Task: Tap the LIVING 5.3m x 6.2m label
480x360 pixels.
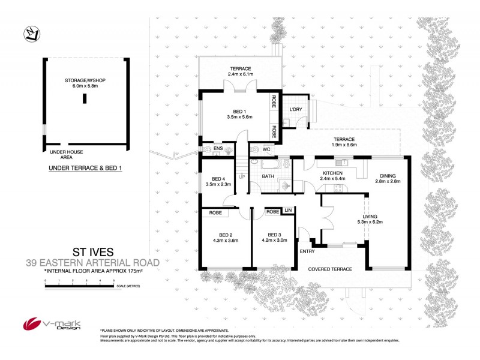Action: point(370,220)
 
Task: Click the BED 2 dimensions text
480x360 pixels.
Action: point(226,239)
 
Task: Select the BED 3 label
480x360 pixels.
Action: point(274,234)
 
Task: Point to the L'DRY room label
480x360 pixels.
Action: point(295,110)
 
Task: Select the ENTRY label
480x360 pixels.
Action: point(307,251)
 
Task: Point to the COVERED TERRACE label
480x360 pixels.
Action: point(330,269)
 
